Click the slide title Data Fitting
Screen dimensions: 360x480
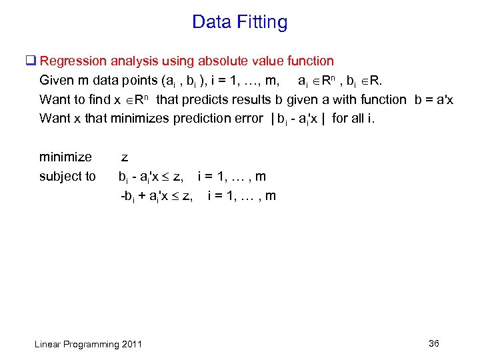[239, 23]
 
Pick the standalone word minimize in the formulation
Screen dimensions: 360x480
[65, 157]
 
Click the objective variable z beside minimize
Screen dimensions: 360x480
[124, 158]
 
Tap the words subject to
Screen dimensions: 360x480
[67, 177]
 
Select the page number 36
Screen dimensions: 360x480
[434, 343]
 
